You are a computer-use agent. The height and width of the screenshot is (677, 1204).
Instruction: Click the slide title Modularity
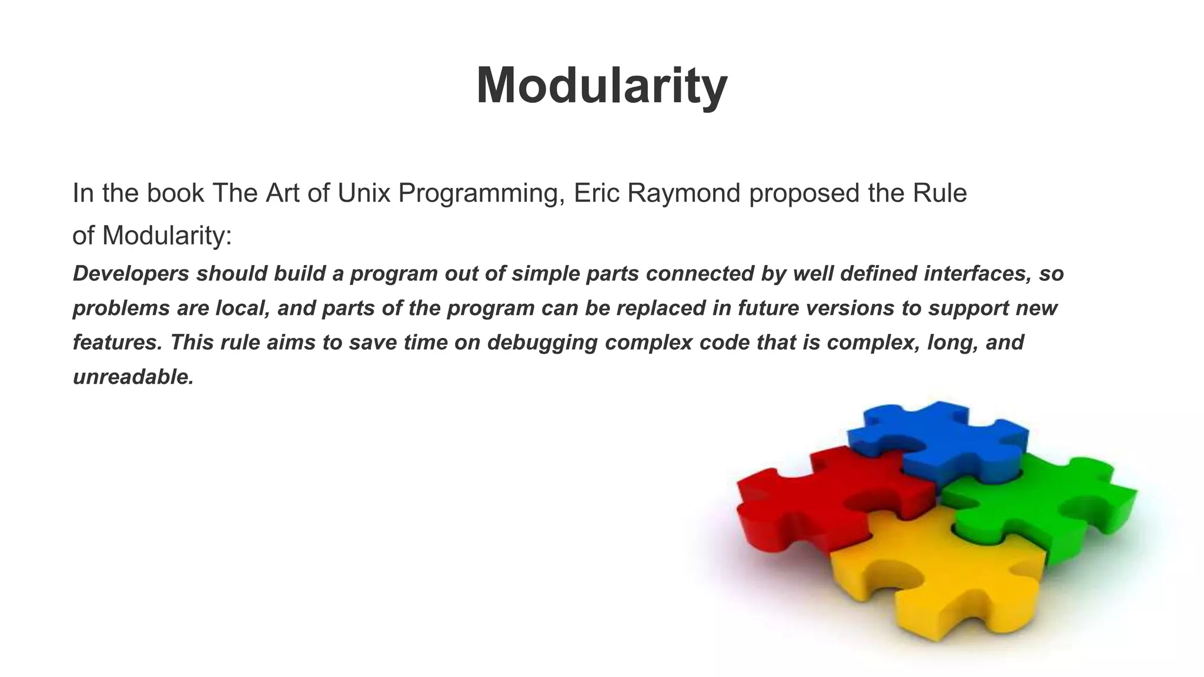pos(601,86)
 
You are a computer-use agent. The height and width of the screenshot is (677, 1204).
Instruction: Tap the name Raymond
pos(684,193)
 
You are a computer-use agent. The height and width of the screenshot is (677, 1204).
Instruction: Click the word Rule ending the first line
pos(939,193)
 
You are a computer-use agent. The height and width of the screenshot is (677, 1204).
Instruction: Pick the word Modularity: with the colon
pos(167,236)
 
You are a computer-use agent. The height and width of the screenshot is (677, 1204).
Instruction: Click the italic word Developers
pos(131,274)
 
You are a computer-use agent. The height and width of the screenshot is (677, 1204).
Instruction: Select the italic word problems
pos(121,309)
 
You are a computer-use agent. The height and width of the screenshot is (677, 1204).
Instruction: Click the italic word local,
pos(242,309)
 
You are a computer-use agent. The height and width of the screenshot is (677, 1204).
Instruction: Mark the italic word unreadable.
pos(133,377)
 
